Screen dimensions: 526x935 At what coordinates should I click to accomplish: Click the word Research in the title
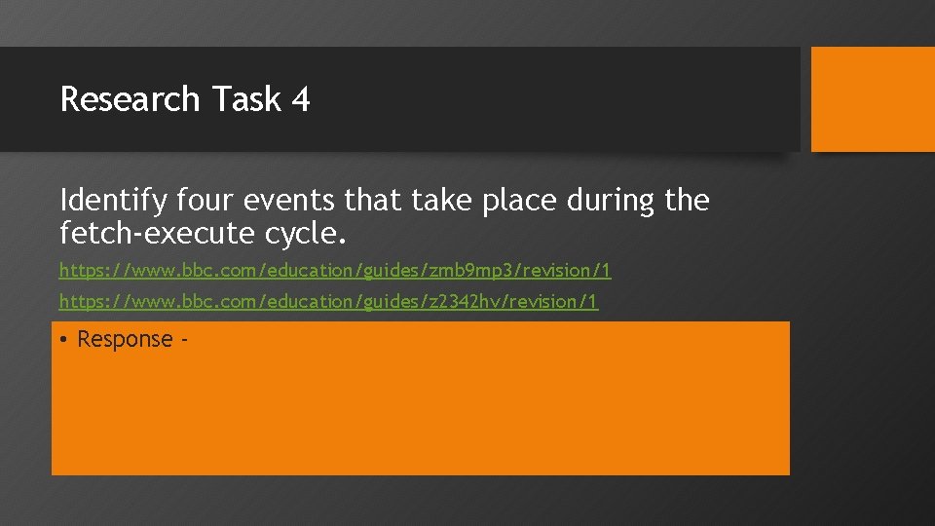(130, 99)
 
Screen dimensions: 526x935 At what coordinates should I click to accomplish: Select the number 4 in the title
(300, 99)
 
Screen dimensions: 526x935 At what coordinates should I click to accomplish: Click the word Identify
(112, 202)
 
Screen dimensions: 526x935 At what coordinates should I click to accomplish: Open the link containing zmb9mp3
(335, 270)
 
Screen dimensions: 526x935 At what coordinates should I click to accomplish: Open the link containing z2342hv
(329, 302)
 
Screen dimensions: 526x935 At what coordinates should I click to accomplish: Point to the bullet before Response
(62, 340)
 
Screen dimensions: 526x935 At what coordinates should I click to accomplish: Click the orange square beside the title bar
(872, 99)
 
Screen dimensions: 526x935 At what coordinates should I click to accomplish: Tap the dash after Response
(183, 341)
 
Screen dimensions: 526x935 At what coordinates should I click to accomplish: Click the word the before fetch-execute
(686, 202)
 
